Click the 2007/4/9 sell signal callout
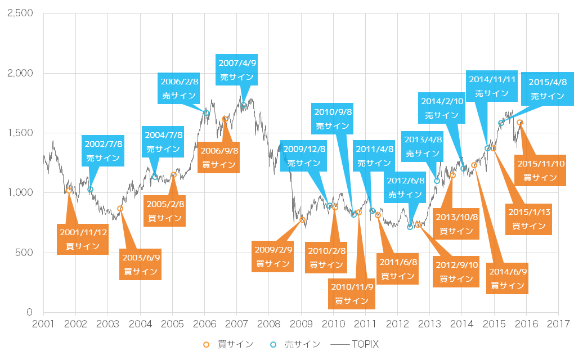click(237, 70)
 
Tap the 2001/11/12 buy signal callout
click(83, 239)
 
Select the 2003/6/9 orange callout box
click(141, 264)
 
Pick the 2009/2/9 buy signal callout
click(273, 256)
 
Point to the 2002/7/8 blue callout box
click(104, 151)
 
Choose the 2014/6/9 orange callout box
click(508, 278)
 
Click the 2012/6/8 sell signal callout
click(405, 187)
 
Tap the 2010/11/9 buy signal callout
click(352, 294)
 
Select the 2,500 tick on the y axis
click(20, 13)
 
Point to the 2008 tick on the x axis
click(268, 324)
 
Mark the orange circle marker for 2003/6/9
click(120, 209)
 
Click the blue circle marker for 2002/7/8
click(90, 190)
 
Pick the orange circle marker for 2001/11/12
click(69, 190)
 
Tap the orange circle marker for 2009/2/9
click(302, 219)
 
